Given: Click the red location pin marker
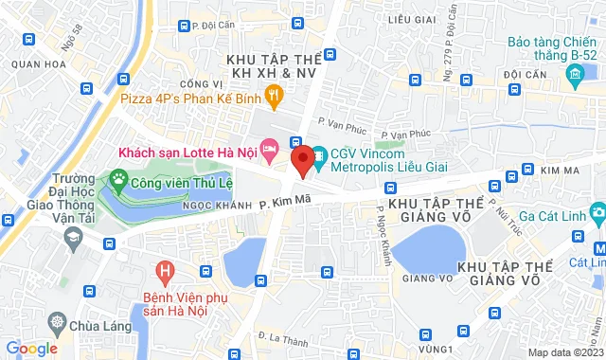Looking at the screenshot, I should click(302, 159).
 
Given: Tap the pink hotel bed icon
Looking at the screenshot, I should click(270, 149).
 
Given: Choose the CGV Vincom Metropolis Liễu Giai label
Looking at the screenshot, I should click(380, 162).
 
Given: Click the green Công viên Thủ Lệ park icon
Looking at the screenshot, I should click(118, 176).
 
